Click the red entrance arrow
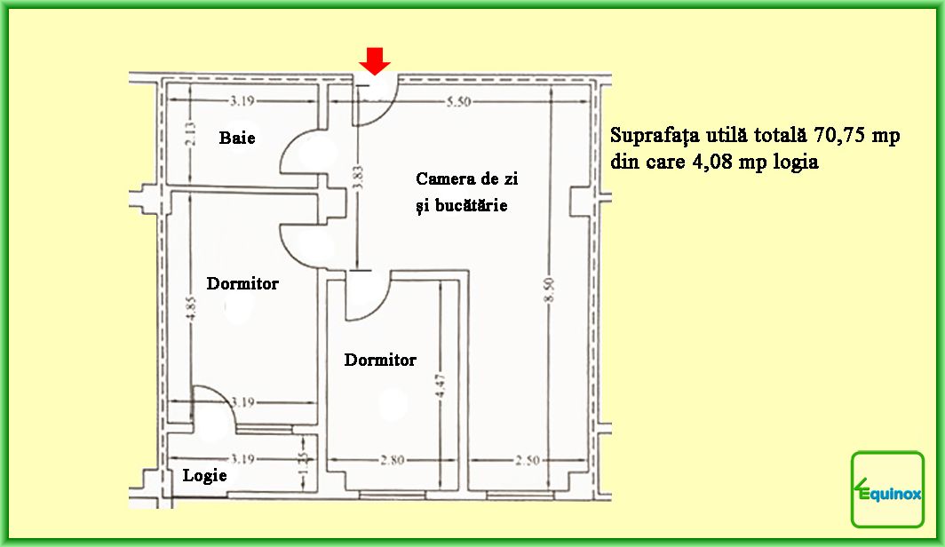click(x=375, y=61)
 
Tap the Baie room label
click(x=237, y=138)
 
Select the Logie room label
click(x=205, y=475)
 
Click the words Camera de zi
click(x=466, y=178)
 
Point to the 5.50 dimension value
click(x=458, y=102)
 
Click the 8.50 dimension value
click(x=549, y=290)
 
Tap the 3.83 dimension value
click(x=357, y=178)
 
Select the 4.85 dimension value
click(x=190, y=308)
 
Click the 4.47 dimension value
click(x=441, y=386)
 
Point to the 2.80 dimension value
click(x=393, y=460)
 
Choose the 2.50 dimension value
click(x=528, y=460)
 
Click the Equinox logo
click(x=888, y=489)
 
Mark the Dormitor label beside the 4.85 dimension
click(x=242, y=283)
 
